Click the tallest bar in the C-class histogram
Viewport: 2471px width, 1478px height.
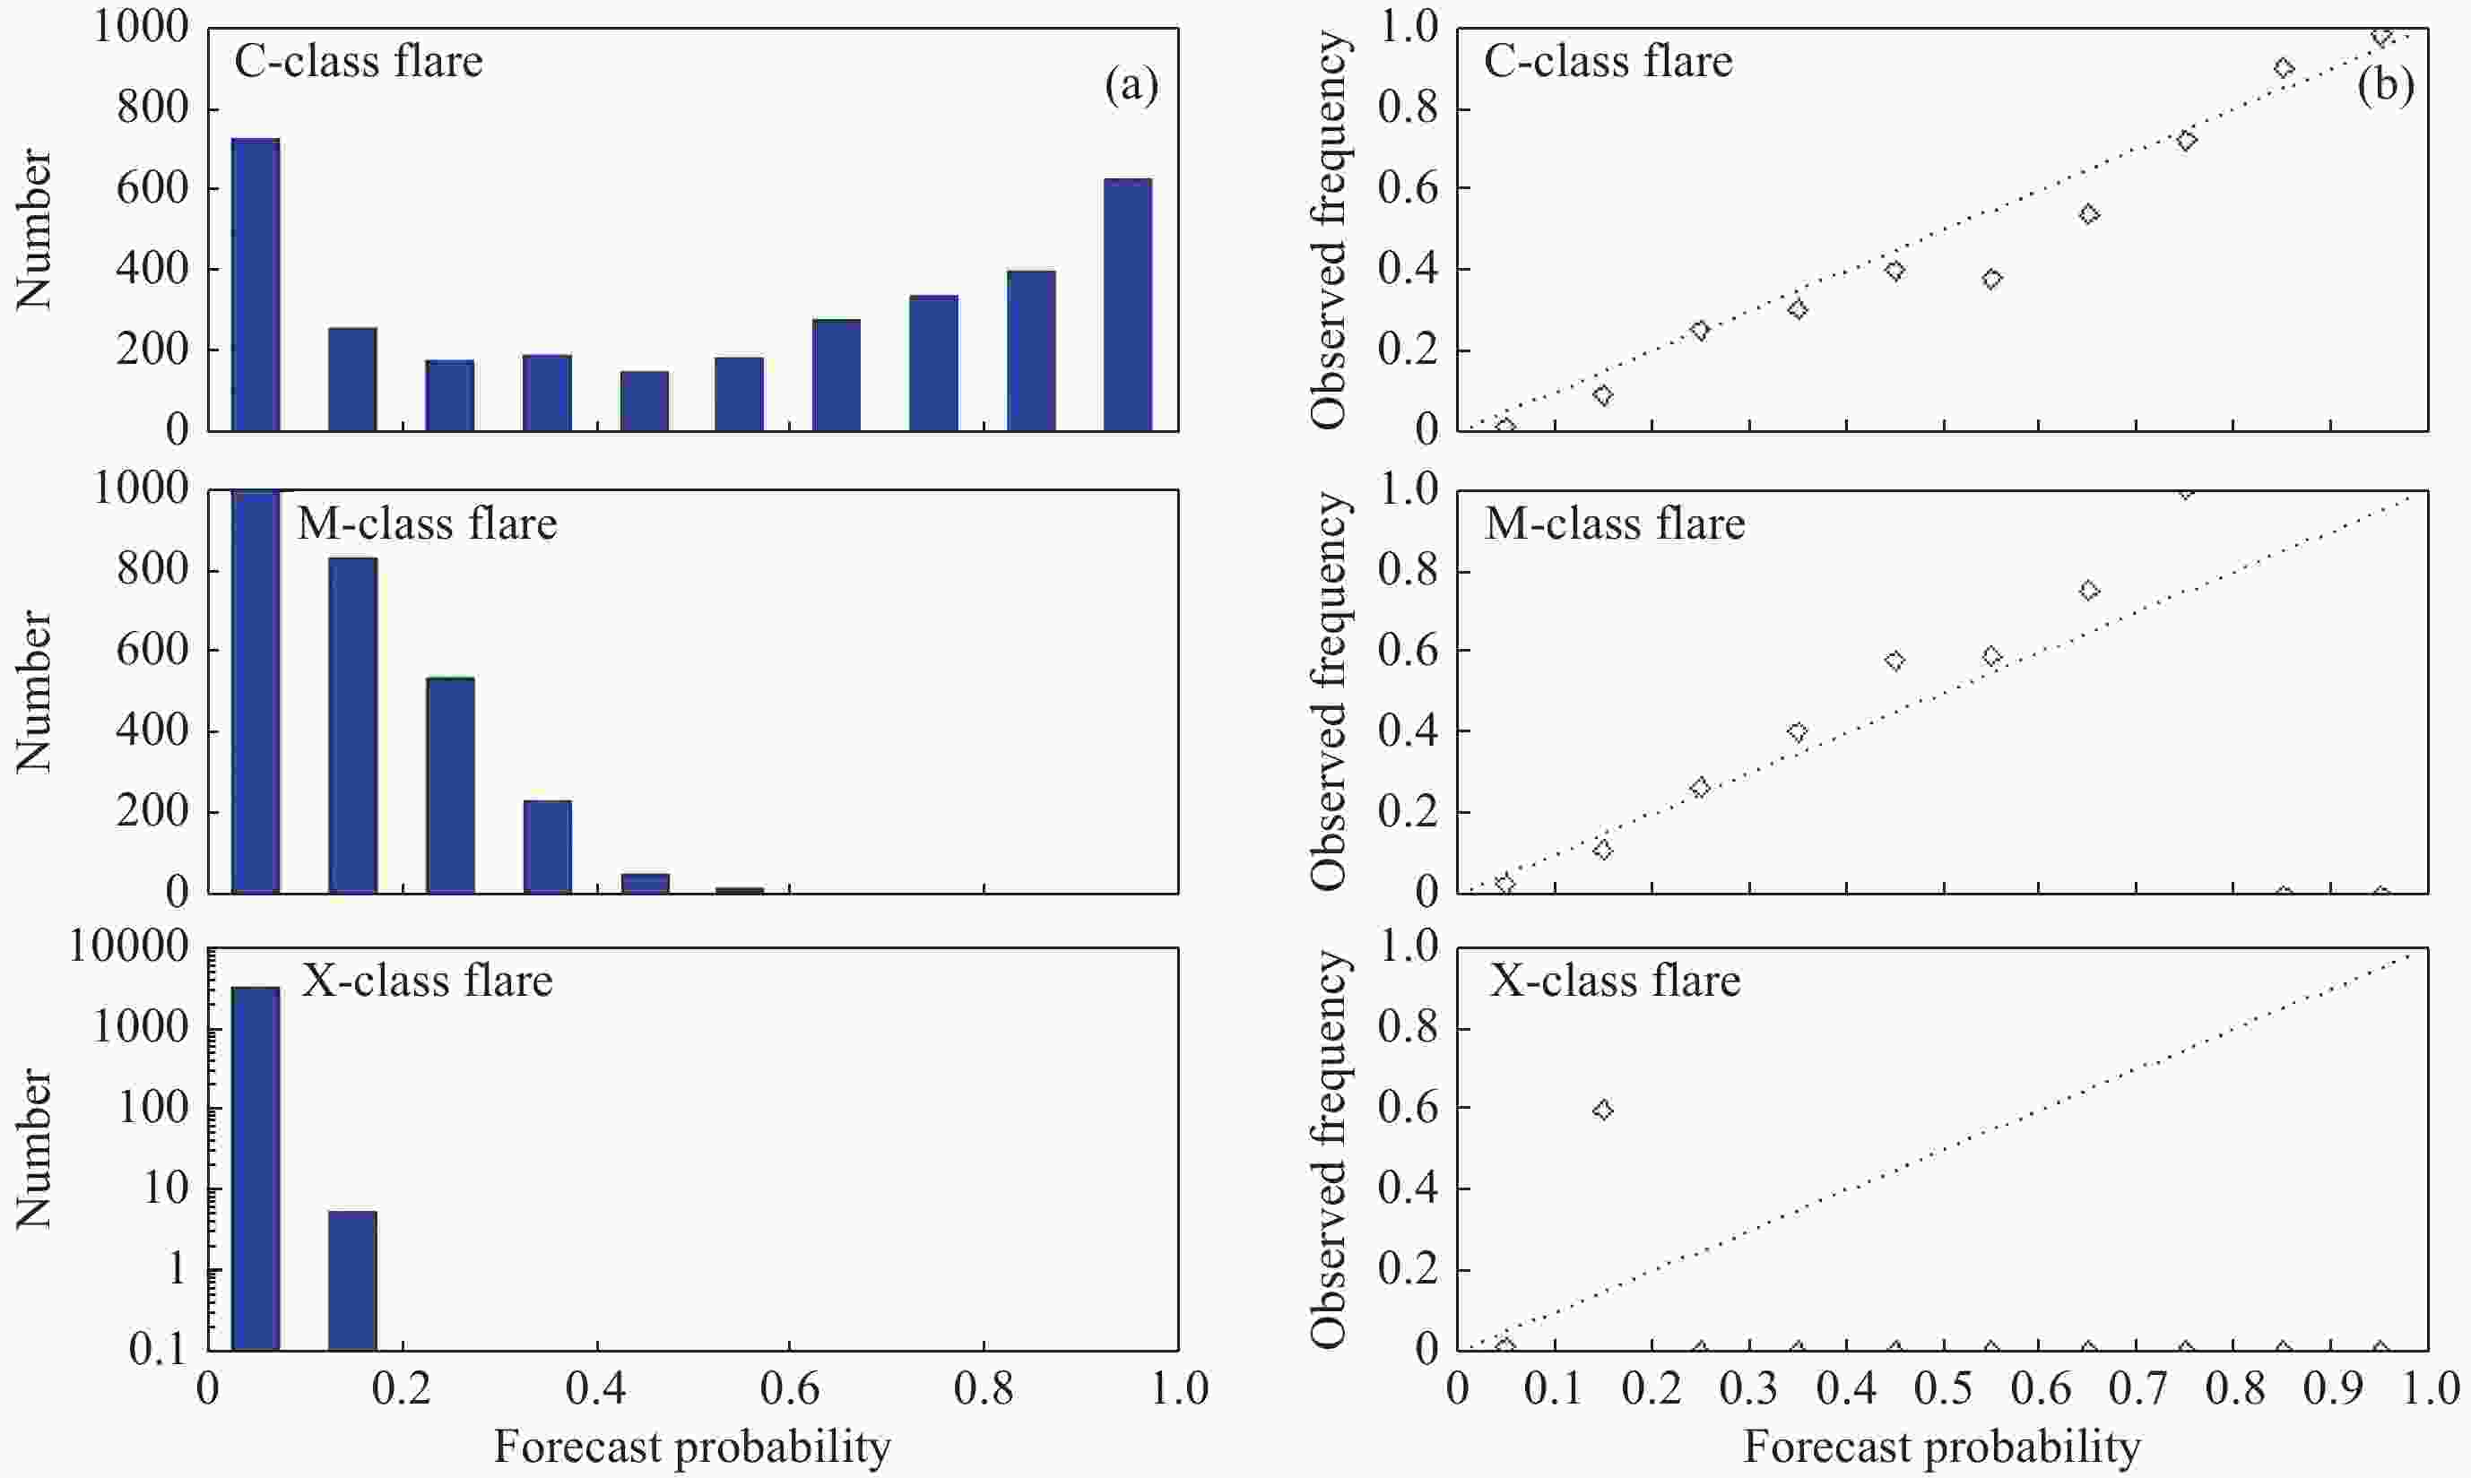[255, 285]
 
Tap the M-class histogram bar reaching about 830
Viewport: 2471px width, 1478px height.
[352, 725]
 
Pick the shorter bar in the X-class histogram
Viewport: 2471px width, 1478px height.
[352, 1281]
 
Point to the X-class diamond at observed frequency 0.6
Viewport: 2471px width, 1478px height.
[1602, 1110]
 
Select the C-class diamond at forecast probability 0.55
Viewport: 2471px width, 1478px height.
[1992, 279]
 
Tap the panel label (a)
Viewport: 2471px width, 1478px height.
[1131, 86]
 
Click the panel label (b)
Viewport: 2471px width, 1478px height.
[2385, 86]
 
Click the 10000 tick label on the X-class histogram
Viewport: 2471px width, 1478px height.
[128, 946]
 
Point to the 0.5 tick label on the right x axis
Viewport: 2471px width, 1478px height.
[1943, 1387]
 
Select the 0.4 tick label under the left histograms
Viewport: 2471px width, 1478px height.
[595, 1387]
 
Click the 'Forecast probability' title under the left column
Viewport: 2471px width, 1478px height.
[692, 1446]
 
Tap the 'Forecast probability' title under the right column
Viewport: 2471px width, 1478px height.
[1941, 1446]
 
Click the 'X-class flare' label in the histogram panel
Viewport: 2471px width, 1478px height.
[428, 981]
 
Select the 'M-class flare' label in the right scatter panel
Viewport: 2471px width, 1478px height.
[1615, 523]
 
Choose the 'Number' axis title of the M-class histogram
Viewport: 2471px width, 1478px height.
[34, 691]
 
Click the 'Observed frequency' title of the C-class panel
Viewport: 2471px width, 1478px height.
[1329, 230]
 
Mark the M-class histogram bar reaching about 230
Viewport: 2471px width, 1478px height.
[547, 847]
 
